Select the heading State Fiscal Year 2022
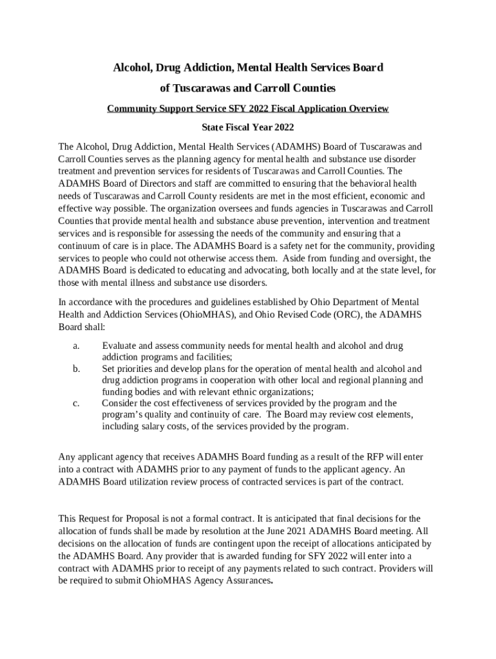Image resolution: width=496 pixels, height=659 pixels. pos(248,127)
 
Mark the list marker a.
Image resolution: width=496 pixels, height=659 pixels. pos(76,346)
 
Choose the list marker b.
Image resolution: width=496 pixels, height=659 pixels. pos(76,369)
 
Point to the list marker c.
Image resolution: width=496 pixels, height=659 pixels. pos(76,403)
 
